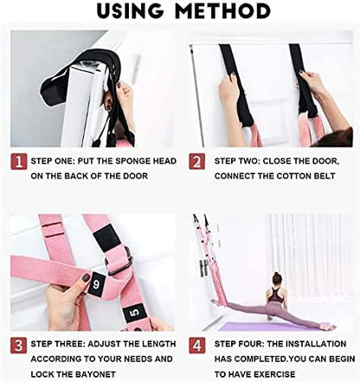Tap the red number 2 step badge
pos(198,163)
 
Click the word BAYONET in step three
pos(112,374)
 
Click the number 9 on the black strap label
pos(95,281)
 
